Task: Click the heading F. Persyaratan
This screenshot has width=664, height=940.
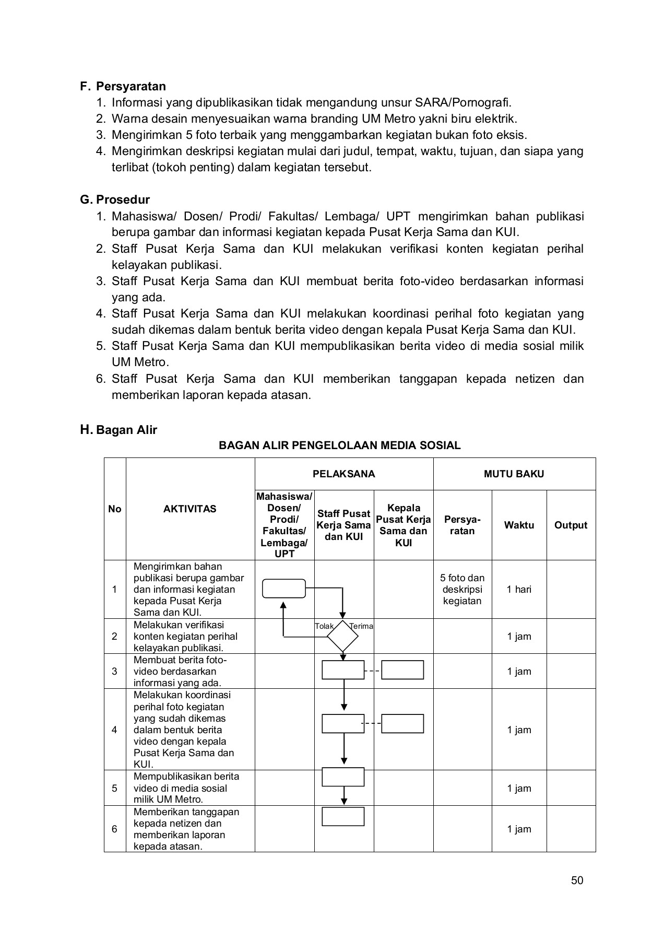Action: click(123, 86)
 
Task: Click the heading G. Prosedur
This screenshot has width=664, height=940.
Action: click(115, 199)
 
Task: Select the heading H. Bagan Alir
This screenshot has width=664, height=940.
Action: click(118, 430)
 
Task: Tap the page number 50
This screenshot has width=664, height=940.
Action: click(577, 880)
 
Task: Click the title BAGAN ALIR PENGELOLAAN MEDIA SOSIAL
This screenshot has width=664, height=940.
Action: click(339, 445)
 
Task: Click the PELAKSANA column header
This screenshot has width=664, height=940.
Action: click(343, 474)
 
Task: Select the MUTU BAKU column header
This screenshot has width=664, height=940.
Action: click(514, 474)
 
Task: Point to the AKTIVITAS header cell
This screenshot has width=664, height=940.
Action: click(189, 509)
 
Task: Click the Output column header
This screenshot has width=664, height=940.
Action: click(571, 525)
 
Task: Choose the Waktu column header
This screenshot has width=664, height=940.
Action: click(519, 525)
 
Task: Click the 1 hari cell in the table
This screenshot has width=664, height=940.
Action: click(519, 589)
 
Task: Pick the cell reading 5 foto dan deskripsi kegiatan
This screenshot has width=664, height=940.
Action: click(462, 589)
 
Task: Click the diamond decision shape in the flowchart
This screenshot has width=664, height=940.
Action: click(343, 636)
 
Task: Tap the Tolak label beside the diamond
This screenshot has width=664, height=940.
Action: click(324, 626)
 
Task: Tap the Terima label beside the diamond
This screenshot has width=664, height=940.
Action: click(362, 626)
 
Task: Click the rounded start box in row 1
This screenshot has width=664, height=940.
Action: click(284, 589)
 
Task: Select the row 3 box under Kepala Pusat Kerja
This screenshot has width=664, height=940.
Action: click(402, 670)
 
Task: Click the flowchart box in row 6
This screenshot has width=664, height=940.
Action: click(343, 816)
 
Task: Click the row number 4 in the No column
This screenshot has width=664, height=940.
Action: click(114, 730)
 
